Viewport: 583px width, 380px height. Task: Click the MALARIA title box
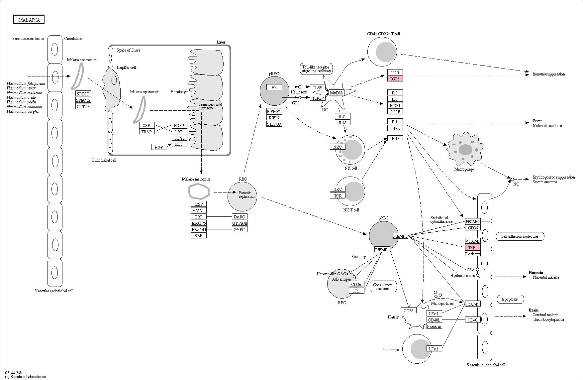[x=29, y=20]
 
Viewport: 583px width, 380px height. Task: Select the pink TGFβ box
[x=395, y=79]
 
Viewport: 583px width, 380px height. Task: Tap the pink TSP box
[x=473, y=247]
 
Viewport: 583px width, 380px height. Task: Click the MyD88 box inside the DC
[x=336, y=93]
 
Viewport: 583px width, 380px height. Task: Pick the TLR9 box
[x=318, y=87]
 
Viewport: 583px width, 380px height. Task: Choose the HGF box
[x=159, y=147]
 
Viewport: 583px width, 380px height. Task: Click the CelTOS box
[x=83, y=106]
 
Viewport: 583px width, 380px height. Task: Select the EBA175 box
[x=199, y=223]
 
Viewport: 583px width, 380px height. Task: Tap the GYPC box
[x=240, y=229]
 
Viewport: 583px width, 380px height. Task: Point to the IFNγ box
[x=395, y=138]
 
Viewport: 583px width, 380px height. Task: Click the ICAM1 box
[x=472, y=304]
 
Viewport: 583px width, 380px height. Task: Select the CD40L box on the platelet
[x=434, y=320]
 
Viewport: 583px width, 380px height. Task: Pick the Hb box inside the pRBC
[x=274, y=87]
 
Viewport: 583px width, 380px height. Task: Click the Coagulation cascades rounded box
[x=383, y=287]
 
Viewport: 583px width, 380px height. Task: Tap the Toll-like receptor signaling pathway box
[x=316, y=69]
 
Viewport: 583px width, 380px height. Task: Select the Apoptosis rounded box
[x=510, y=299]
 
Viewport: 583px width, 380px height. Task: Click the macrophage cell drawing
[x=465, y=149]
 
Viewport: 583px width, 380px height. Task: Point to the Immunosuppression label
[x=549, y=74]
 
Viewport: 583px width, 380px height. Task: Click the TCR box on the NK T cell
[x=338, y=195]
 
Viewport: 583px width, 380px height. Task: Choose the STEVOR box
[x=274, y=124]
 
